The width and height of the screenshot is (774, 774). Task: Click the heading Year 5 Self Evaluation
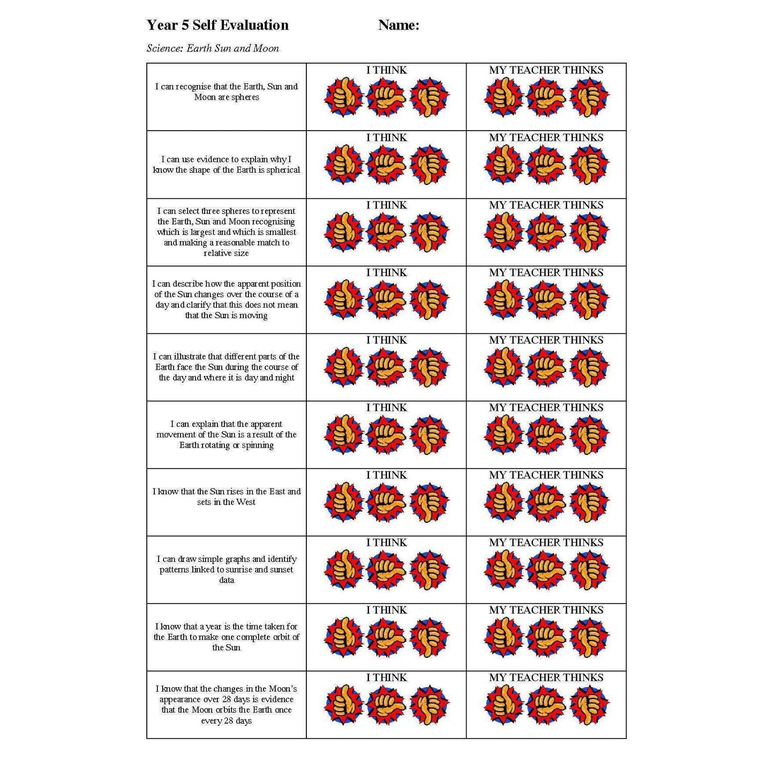217,25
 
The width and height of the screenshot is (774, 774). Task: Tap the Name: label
399,25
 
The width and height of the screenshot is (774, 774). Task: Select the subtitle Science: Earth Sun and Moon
213,48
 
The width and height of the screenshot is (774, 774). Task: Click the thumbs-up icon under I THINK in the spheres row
344,97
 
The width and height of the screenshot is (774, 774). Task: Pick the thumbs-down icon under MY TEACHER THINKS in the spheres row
589,97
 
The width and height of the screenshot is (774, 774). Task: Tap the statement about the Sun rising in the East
227,497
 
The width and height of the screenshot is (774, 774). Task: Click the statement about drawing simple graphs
227,569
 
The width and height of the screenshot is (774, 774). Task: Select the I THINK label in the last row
386,678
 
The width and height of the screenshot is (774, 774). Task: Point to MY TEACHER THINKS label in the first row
546,70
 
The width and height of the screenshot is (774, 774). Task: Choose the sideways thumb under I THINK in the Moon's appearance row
386,705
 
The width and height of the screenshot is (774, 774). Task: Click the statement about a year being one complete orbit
227,637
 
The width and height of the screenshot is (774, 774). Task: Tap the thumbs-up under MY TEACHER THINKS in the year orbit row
504,637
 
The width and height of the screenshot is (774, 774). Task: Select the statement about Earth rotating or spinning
227,434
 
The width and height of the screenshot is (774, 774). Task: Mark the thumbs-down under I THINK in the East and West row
430,502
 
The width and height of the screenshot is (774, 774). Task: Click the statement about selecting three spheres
227,232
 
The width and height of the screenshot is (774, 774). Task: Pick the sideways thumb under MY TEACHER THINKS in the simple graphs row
546,570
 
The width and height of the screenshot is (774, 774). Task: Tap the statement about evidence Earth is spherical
227,164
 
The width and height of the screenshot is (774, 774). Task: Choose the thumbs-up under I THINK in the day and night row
344,367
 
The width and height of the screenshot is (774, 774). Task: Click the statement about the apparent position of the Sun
227,299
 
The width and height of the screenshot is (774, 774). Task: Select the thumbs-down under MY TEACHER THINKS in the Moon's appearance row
589,705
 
